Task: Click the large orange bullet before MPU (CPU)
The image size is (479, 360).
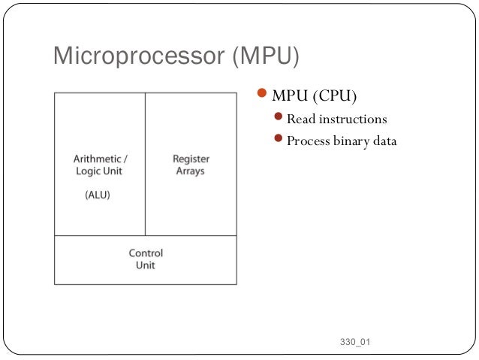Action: (262, 95)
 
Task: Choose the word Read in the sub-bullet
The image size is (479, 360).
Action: (301, 119)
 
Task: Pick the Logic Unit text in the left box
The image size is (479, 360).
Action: (100, 171)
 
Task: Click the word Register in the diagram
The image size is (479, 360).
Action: (191, 159)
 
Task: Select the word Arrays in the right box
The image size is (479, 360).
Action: (191, 171)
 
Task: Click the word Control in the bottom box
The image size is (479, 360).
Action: (146, 253)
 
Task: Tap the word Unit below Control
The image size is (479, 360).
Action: (146, 265)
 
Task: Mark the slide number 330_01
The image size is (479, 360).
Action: (354, 343)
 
